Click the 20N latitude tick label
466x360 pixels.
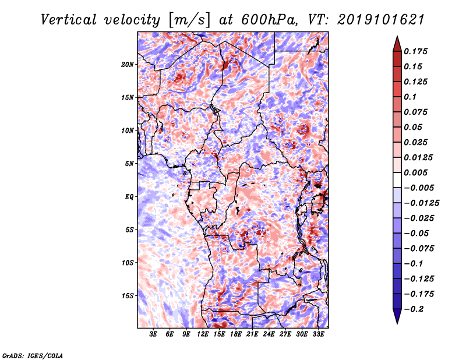[128, 65]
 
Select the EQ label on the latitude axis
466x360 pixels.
[129, 197]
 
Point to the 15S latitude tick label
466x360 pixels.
[128, 296]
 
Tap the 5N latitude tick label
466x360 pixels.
[129, 164]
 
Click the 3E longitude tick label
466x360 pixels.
[153, 334]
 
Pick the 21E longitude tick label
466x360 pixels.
[252, 334]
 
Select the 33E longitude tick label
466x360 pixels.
[318, 334]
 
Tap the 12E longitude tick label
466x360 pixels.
[203, 334]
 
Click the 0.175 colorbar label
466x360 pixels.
[415, 51]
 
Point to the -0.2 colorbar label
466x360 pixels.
[414, 309]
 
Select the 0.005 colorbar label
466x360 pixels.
[415, 172]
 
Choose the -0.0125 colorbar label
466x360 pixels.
[421, 203]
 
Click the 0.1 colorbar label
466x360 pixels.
[410, 97]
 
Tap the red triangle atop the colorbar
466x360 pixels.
[397, 44]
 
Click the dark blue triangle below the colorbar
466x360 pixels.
[397, 316]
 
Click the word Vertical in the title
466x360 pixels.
[69, 20]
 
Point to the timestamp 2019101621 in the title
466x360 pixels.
[381, 20]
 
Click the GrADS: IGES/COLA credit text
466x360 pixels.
[33, 355]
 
